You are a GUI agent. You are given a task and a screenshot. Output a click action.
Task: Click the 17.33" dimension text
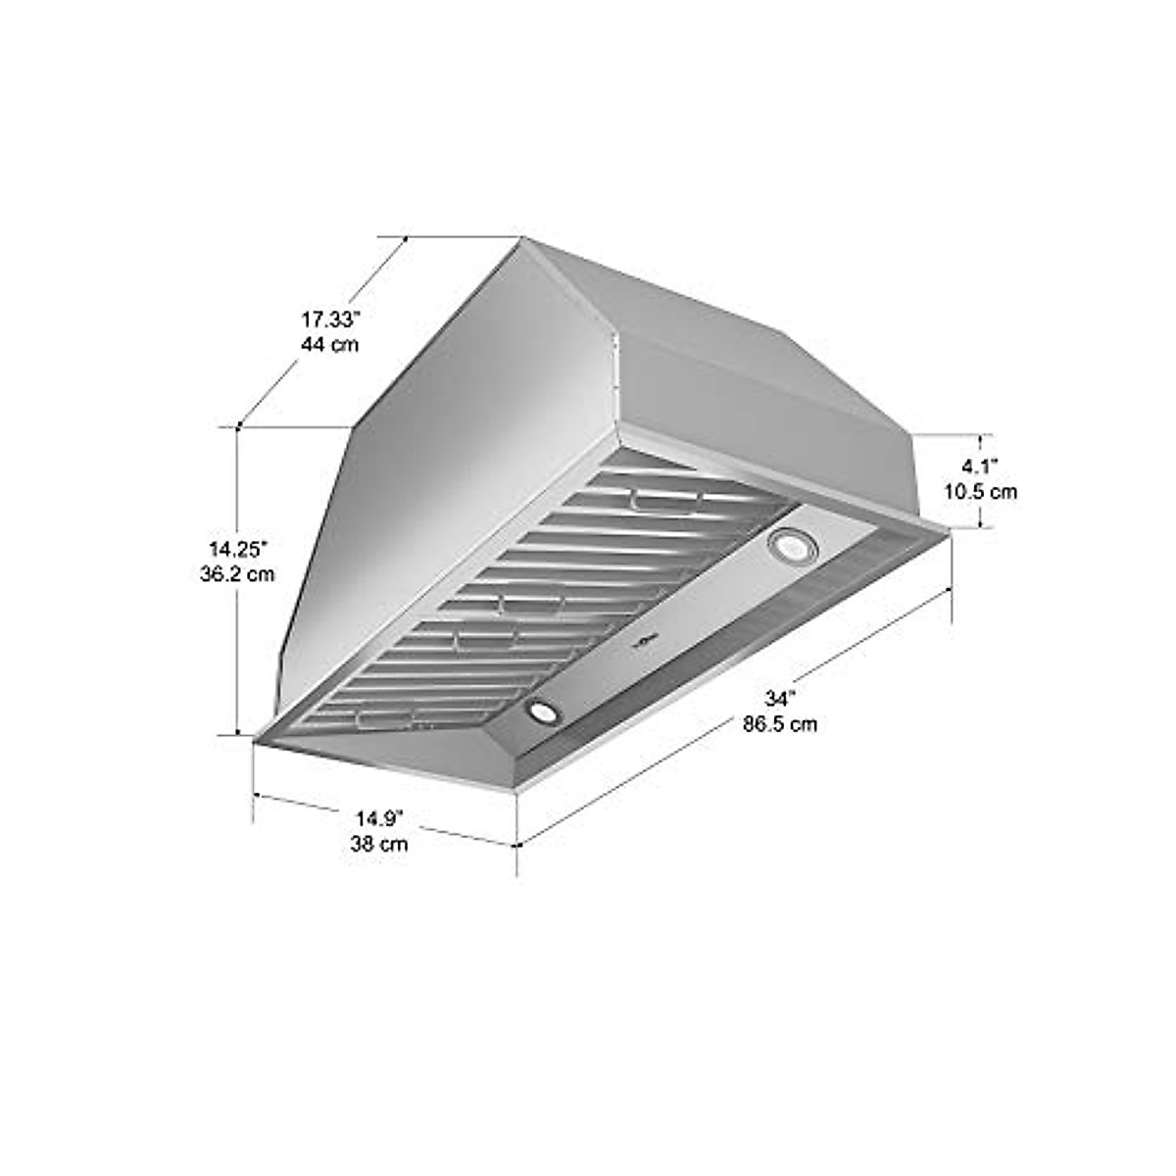(x=330, y=319)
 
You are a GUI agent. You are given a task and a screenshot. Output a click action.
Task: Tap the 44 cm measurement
(x=330, y=345)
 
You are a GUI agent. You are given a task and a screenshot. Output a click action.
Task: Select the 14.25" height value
(x=236, y=549)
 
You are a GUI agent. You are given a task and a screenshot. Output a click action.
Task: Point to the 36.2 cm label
(x=236, y=574)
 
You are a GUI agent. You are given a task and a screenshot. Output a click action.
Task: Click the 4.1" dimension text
(x=979, y=466)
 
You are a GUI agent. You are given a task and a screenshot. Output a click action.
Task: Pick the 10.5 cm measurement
(x=979, y=491)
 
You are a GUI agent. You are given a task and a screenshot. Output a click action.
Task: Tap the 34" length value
(x=780, y=699)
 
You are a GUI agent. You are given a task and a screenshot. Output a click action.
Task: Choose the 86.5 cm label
(x=780, y=724)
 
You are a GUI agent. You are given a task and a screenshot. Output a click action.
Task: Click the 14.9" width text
(x=379, y=817)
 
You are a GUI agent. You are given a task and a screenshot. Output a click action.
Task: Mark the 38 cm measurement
(x=379, y=843)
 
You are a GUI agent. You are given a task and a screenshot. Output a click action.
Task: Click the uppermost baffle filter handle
(x=666, y=502)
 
